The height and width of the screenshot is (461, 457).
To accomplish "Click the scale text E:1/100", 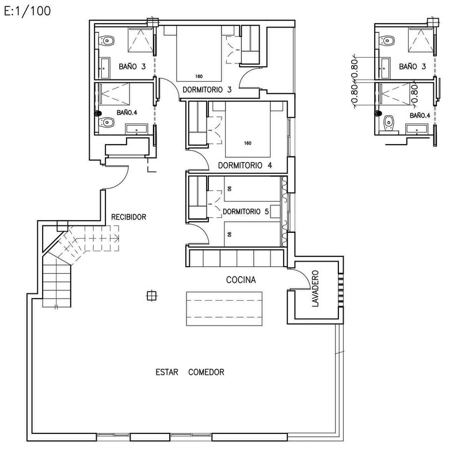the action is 27,11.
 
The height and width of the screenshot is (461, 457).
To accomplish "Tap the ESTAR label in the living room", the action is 167,372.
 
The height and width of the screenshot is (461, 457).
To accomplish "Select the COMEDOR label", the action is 206,372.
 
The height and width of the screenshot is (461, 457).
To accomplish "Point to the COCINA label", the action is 241,279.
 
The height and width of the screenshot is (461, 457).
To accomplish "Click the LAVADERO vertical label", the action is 315,289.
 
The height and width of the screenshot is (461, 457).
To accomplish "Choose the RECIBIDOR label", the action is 129,217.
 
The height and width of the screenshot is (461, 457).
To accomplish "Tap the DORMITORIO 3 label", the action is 207,90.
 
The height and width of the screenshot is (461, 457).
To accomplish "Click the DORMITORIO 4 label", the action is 245,165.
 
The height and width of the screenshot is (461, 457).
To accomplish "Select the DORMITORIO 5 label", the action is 246,211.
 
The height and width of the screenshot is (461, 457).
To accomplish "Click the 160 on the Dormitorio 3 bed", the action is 199,77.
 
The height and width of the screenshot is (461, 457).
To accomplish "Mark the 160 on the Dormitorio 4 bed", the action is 247,143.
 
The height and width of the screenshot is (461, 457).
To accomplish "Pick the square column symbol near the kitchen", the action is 151,296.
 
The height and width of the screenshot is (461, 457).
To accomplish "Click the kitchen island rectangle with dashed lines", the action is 224,309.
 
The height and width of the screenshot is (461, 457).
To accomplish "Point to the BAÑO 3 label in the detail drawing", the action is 412,67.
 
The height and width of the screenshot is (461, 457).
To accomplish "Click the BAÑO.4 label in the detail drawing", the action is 420,116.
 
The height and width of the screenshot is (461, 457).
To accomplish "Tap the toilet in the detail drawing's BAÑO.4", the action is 389,123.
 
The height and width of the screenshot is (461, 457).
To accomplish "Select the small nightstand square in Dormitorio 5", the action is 275,211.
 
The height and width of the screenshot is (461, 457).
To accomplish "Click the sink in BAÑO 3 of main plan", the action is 105,68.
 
